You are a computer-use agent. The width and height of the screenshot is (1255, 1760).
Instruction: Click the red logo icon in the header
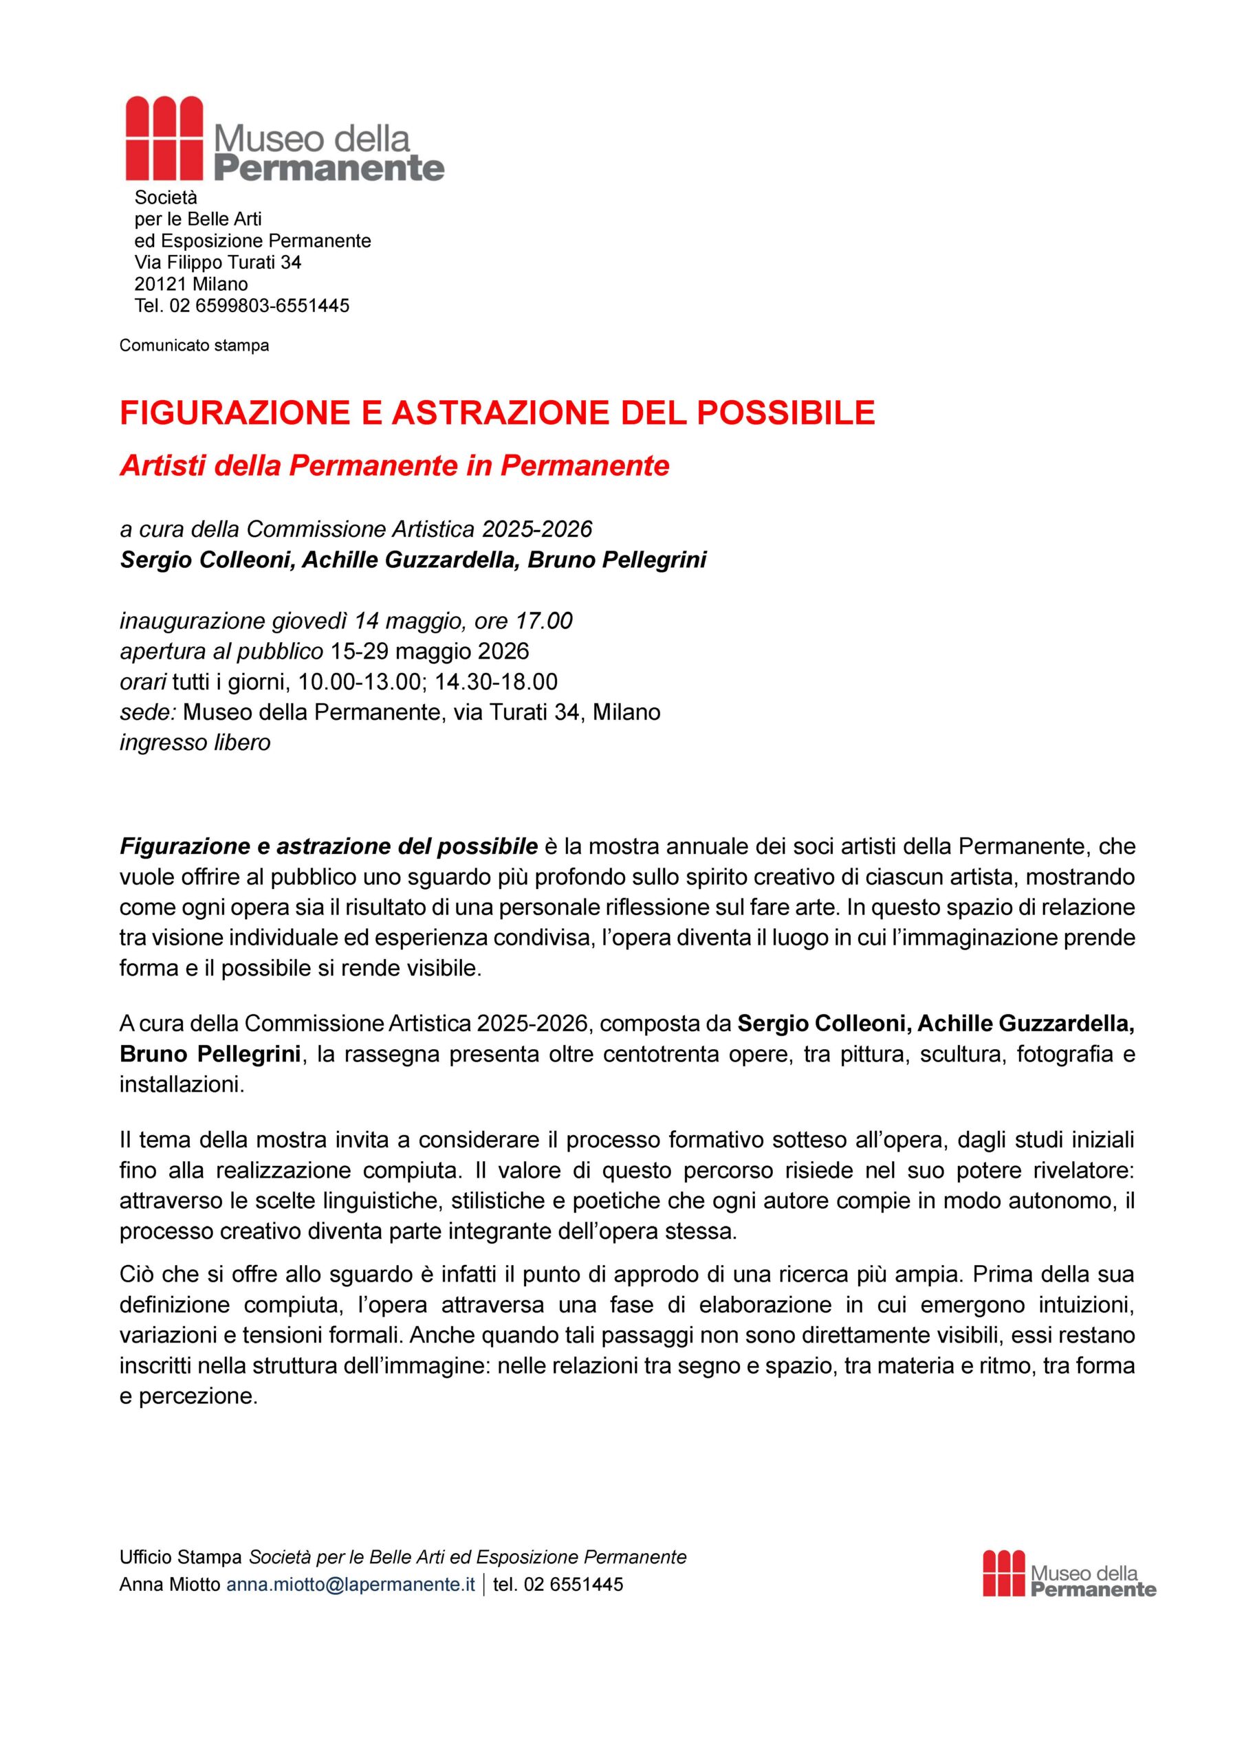pos(164,137)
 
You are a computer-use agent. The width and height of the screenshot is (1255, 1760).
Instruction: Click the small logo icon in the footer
pos(1004,1573)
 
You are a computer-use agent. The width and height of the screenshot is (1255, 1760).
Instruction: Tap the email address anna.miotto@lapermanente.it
pos(350,1585)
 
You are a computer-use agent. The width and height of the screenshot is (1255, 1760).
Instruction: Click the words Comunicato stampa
pos(194,345)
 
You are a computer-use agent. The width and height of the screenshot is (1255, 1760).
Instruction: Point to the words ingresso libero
pos(195,742)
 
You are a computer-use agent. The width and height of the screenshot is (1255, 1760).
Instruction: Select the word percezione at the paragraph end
pos(198,1397)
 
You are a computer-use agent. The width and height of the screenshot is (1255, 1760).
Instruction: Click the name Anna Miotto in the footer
pos(169,1585)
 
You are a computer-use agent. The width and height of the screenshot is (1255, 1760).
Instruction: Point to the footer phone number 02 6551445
pos(573,1585)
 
